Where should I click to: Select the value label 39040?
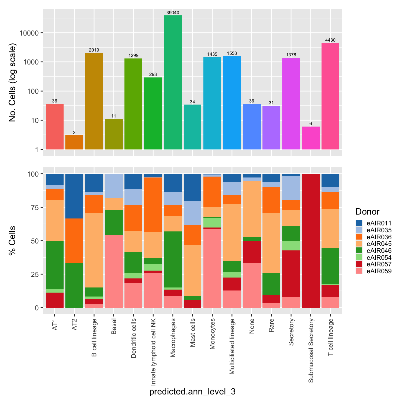click(173, 13)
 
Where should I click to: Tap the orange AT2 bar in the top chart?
click(74, 142)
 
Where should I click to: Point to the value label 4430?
click(330, 40)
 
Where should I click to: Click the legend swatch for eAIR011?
click(359, 223)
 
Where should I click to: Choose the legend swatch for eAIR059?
click(359, 271)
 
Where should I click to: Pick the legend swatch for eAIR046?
click(359, 251)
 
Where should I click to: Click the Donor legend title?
click(367, 212)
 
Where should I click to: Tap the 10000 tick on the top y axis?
click(29, 33)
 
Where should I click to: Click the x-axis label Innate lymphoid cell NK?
click(153, 352)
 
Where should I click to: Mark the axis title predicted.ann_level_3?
click(192, 392)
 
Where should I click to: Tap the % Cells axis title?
click(12, 240)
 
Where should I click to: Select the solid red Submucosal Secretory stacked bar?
click(311, 241)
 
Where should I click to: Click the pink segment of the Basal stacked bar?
click(114, 271)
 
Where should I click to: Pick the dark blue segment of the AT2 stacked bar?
click(74, 196)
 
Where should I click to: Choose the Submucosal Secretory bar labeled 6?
click(311, 138)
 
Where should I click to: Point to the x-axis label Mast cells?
click(193, 333)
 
